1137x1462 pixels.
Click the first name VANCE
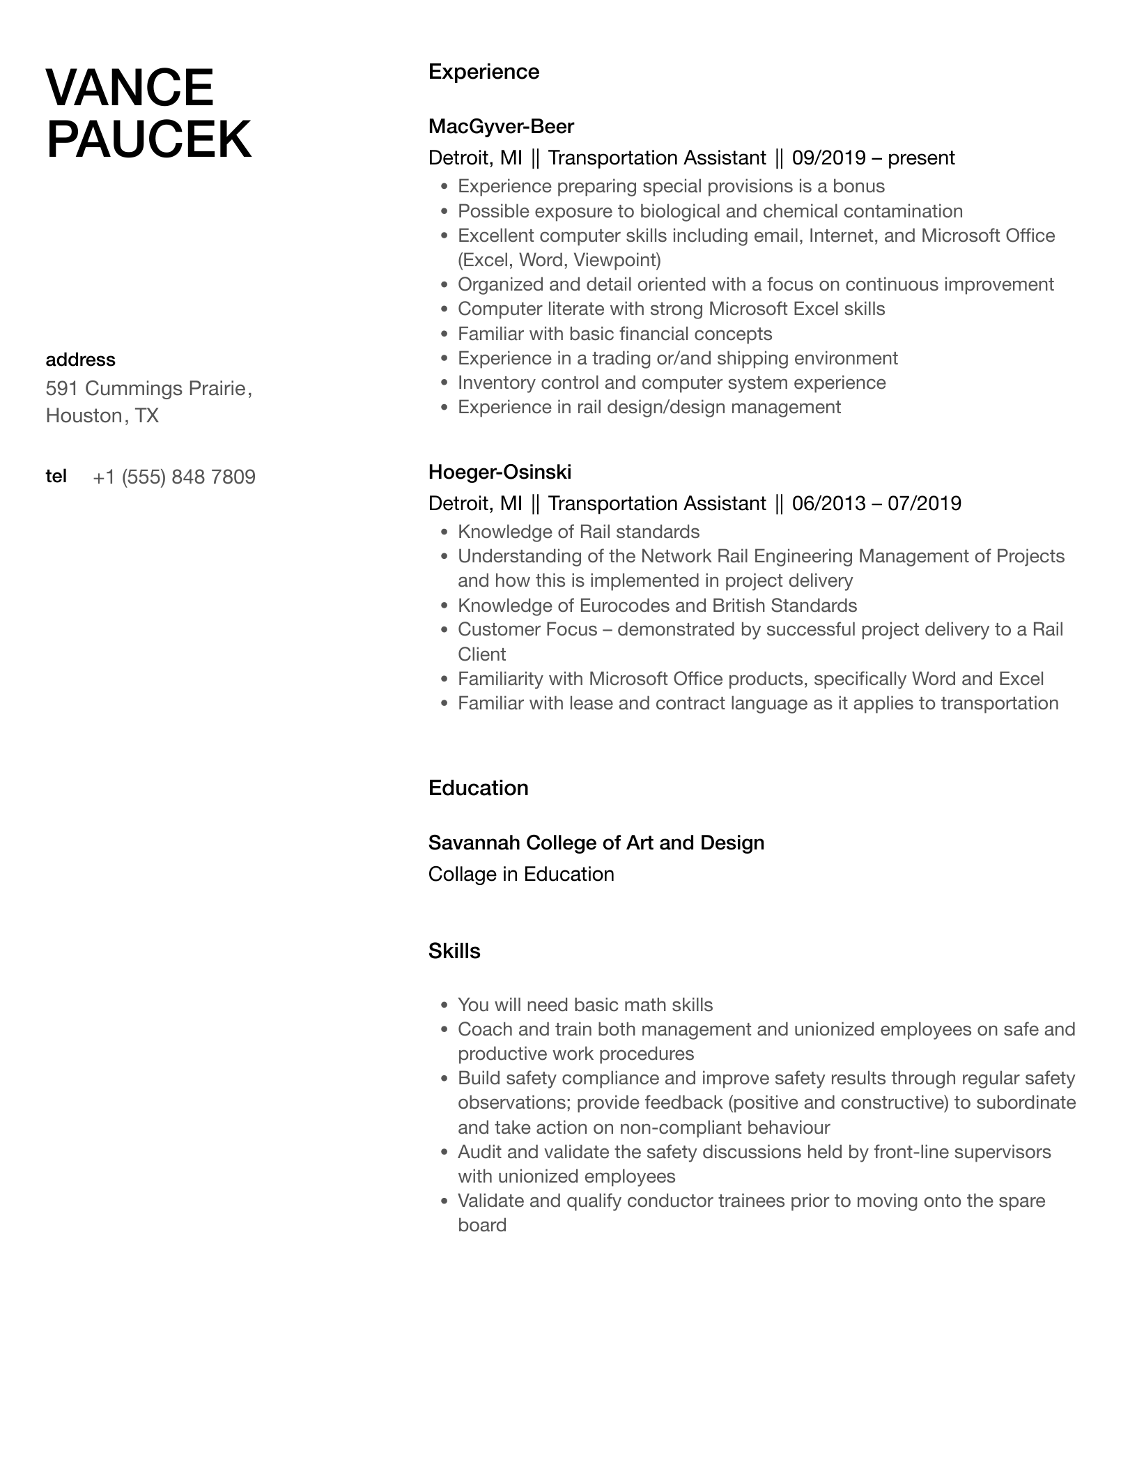130,88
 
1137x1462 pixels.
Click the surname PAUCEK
148,139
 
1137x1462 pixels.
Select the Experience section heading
484,72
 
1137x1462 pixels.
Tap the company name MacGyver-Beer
501,126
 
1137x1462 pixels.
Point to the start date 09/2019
828,157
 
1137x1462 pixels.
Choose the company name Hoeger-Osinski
500,472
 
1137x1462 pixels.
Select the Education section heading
478,788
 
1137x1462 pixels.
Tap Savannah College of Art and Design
596,842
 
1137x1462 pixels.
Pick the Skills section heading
454,951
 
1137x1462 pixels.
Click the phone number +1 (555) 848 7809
174,477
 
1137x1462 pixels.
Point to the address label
80,360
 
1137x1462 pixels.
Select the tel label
56,476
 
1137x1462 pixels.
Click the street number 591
61,388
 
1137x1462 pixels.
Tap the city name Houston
84,416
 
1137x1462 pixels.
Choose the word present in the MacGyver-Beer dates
921,157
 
